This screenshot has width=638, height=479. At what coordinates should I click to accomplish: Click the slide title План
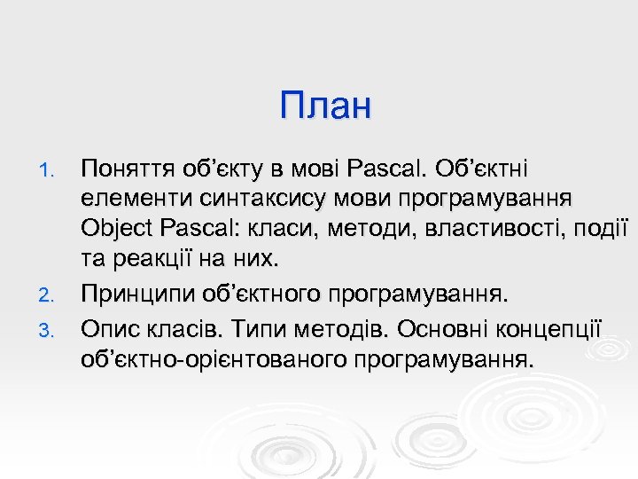(x=325, y=106)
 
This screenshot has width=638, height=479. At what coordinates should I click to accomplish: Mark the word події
(x=600, y=228)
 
